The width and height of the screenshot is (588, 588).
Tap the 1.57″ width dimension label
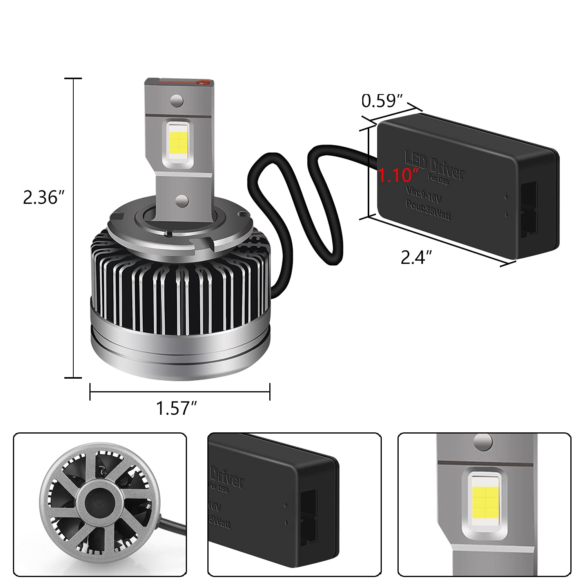click(x=176, y=408)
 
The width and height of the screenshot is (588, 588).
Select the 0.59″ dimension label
click(x=382, y=101)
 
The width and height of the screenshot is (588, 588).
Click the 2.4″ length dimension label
click(x=416, y=258)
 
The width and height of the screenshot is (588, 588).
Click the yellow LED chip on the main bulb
click(x=178, y=142)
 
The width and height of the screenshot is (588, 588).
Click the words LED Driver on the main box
click(x=434, y=166)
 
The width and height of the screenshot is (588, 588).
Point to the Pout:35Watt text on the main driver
click(x=428, y=211)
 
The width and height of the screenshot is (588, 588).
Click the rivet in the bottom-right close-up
click(x=483, y=442)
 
